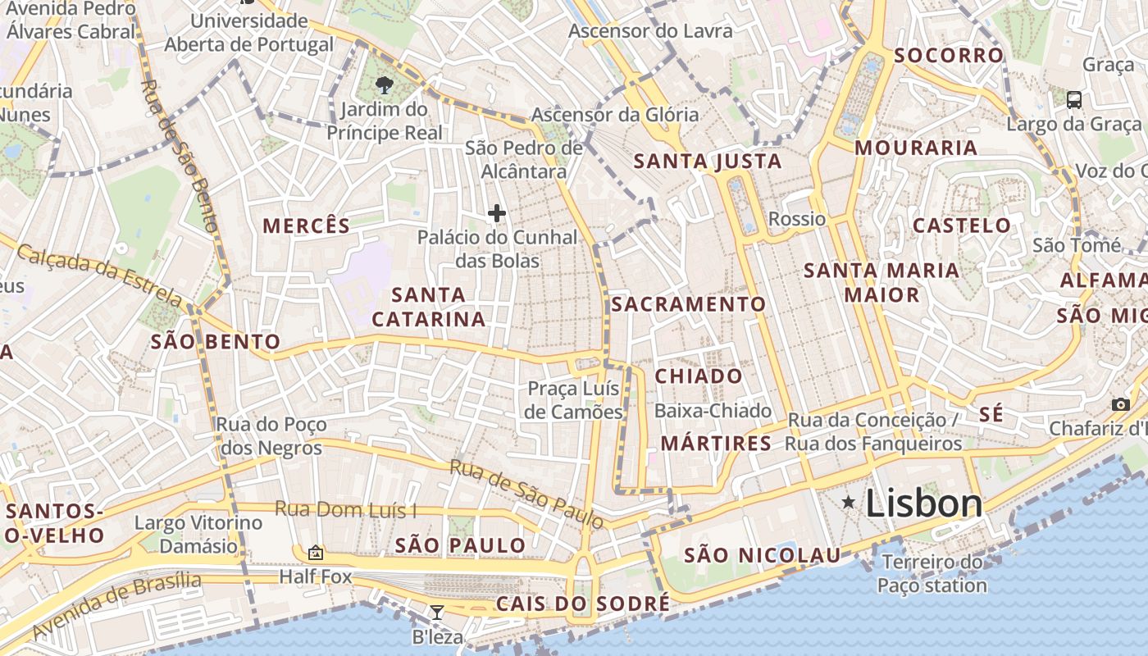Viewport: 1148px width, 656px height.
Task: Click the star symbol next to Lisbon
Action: [x=849, y=502]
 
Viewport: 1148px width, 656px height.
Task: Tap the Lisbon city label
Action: [x=924, y=503]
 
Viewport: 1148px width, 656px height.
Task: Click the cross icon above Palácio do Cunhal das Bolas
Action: [x=496, y=213]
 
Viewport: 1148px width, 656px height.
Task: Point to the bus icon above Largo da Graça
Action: [x=1073, y=100]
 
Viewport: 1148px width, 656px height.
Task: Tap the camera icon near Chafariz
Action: [x=1120, y=404]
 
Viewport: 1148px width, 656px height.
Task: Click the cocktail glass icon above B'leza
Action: [x=437, y=612]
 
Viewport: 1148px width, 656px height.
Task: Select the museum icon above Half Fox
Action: [x=315, y=553]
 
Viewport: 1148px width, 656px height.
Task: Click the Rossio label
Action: [x=797, y=219]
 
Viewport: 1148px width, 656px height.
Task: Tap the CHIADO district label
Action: [x=699, y=376]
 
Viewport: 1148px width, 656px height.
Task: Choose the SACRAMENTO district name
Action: [x=689, y=304]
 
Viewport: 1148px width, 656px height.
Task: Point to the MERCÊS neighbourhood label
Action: [x=306, y=225]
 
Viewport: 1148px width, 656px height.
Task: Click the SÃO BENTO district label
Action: [x=216, y=342]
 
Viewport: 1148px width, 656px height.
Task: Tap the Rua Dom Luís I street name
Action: [x=345, y=509]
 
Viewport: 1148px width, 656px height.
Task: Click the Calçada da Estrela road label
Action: [x=99, y=274]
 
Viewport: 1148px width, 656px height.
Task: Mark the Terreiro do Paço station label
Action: [x=932, y=574]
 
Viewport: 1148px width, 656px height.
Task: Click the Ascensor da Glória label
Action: [x=615, y=115]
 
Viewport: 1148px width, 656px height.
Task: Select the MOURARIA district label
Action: [x=916, y=148]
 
